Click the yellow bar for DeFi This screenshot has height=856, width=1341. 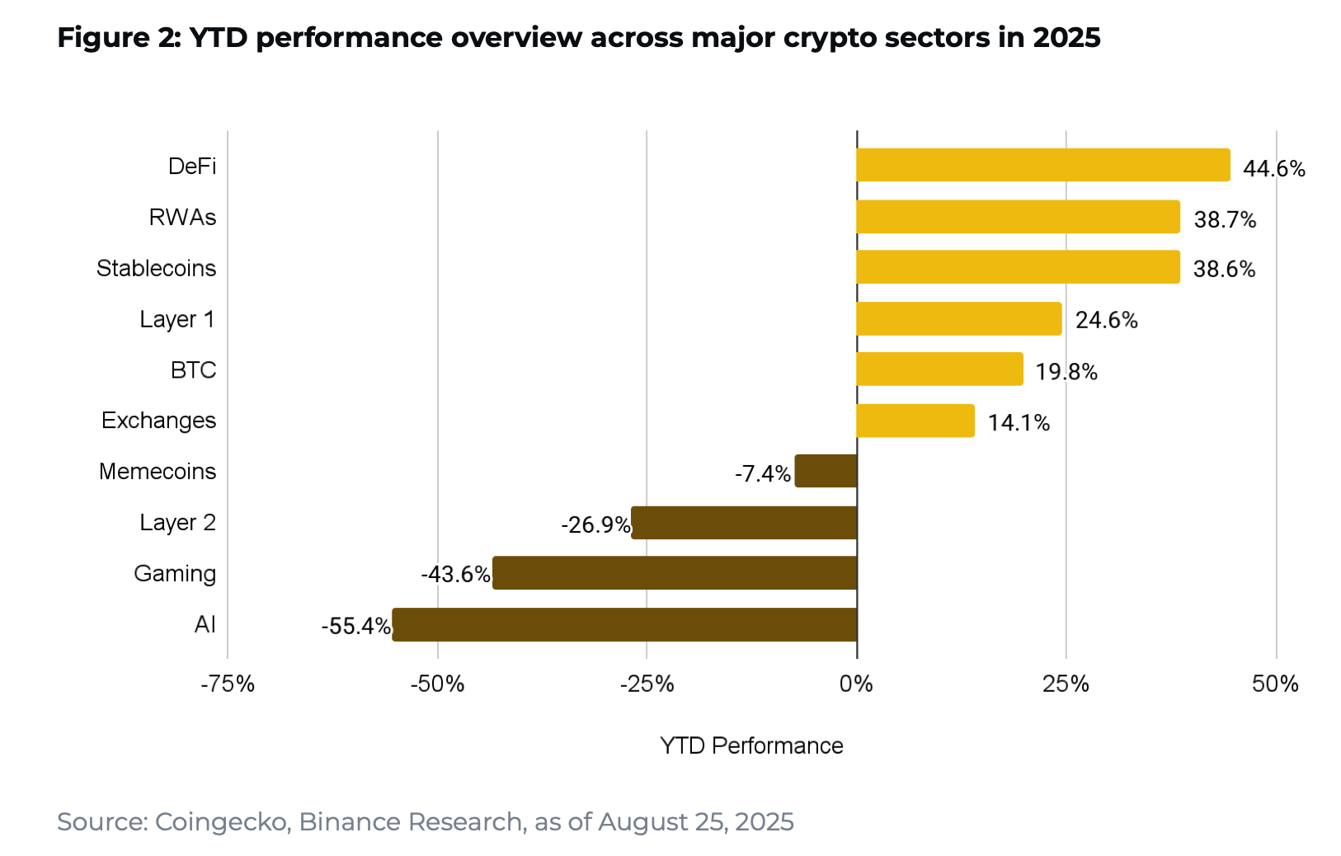[1042, 165]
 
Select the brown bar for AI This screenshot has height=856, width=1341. [624, 624]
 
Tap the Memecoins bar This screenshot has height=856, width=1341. [826, 471]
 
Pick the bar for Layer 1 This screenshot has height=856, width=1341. [958, 318]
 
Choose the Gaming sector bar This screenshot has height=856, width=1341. [675, 573]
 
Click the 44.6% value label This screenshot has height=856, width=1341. [1273, 169]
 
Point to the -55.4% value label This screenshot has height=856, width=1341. [355, 626]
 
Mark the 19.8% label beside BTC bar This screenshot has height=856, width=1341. [1066, 372]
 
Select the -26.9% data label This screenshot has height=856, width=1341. [595, 524]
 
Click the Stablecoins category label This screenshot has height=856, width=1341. [156, 268]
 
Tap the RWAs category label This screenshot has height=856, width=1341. [182, 217]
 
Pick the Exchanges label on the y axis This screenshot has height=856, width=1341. [158, 421]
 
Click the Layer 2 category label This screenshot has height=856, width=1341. [177, 523]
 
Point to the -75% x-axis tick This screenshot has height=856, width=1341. [228, 684]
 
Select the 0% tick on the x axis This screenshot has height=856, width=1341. [856, 684]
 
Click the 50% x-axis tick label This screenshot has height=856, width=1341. [1274, 684]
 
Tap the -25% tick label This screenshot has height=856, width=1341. [647, 684]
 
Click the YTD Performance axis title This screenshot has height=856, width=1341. [751, 745]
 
